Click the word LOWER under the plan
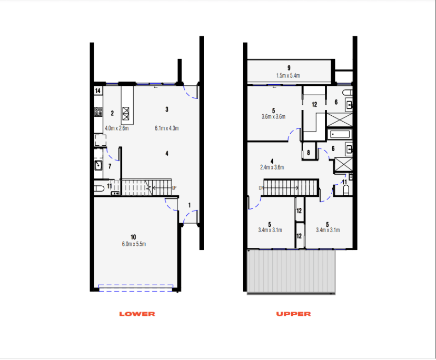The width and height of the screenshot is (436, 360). (137, 314)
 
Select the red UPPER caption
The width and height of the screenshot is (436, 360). (293, 314)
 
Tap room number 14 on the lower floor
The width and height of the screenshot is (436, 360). (98, 91)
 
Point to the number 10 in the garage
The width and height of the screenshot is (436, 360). (134, 237)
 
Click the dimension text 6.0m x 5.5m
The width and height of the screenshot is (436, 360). (134, 244)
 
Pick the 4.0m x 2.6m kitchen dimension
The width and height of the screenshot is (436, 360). (116, 128)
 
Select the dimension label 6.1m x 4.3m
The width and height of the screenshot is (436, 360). (167, 128)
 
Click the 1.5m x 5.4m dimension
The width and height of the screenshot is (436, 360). (288, 76)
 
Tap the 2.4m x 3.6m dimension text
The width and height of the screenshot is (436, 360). (272, 168)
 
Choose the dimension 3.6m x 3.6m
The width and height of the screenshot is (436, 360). (273, 117)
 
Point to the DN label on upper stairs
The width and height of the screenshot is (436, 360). (261, 187)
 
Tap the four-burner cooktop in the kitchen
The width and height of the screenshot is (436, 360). (98, 112)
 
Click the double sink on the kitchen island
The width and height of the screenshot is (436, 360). (126, 112)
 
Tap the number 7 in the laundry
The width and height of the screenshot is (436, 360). (110, 166)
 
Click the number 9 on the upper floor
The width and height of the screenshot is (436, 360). (289, 68)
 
